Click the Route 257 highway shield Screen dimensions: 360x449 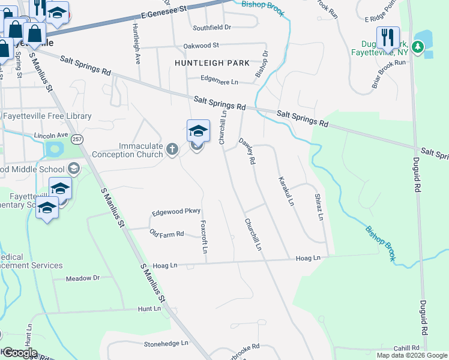coord(77,139)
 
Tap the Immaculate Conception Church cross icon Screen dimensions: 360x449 coord(172,149)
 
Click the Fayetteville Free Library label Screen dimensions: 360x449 coord(48,116)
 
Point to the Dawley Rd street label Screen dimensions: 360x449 coord(248,152)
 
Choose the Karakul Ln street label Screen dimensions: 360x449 coord(286,191)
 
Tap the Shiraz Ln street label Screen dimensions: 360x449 coord(320,206)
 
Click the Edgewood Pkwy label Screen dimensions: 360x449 coord(176,212)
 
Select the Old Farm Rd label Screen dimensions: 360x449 coord(166,234)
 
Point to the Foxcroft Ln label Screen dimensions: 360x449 coord(204,236)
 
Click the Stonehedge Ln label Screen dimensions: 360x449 coord(166,344)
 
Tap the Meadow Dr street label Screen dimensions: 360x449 coord(83,278)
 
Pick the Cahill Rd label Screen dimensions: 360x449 coord(406,348)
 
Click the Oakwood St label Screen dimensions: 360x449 coord(202,45)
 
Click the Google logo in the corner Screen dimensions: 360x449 coord(19,353)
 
